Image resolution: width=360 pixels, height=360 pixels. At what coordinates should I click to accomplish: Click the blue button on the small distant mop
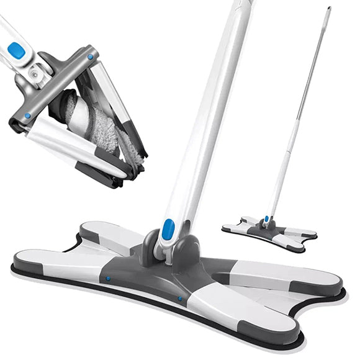pos(266,218)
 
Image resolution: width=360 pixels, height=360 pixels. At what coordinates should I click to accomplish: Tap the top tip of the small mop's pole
pos(328,8)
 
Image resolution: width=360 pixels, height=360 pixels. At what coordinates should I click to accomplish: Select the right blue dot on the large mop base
pos(180,298)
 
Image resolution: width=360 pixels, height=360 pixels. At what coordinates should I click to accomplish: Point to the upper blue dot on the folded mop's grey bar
pos(91,57)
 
